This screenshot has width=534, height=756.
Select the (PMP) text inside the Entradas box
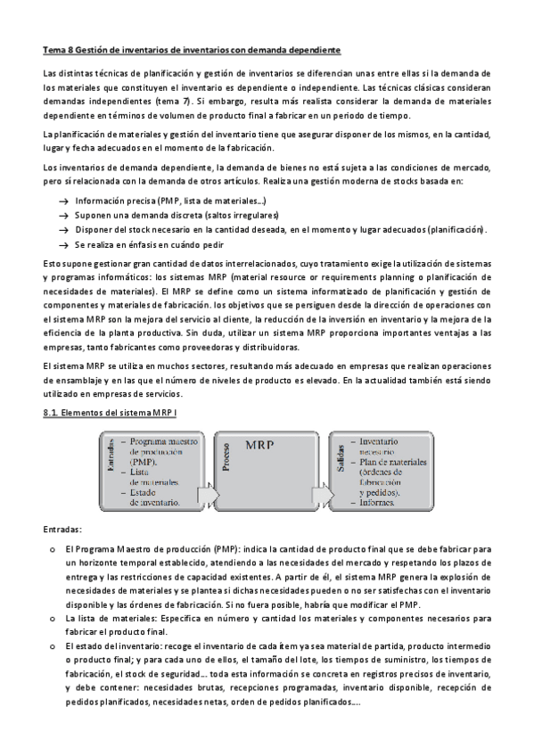click(144, 463)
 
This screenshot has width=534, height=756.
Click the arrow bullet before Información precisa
click(63, 201)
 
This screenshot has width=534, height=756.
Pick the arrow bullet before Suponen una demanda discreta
click(63, 216)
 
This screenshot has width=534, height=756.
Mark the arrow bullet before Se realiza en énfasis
click(63, 243)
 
